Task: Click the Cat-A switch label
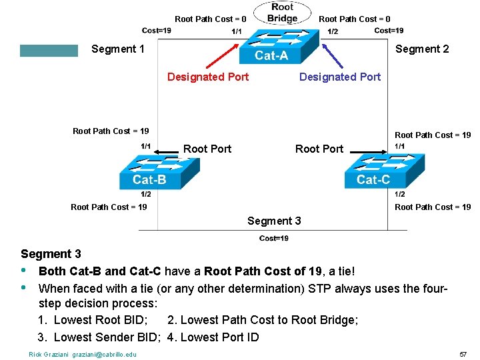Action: (271, 55)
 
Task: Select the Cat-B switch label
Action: (149, 179)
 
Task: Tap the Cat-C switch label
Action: (373, 179)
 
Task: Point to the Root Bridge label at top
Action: (282, 13)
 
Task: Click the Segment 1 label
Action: (118, 49)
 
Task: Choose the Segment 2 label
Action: (422, 49)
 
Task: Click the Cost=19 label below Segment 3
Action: (273, 239)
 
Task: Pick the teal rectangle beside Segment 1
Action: (49, 51)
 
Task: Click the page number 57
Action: (463, 354)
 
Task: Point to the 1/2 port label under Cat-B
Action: (145, 194)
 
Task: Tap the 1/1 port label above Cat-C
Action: (400, 147)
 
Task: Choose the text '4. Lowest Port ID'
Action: (213, 337)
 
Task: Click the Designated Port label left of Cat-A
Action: (208, 77)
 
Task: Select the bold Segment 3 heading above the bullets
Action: (51, 254)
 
